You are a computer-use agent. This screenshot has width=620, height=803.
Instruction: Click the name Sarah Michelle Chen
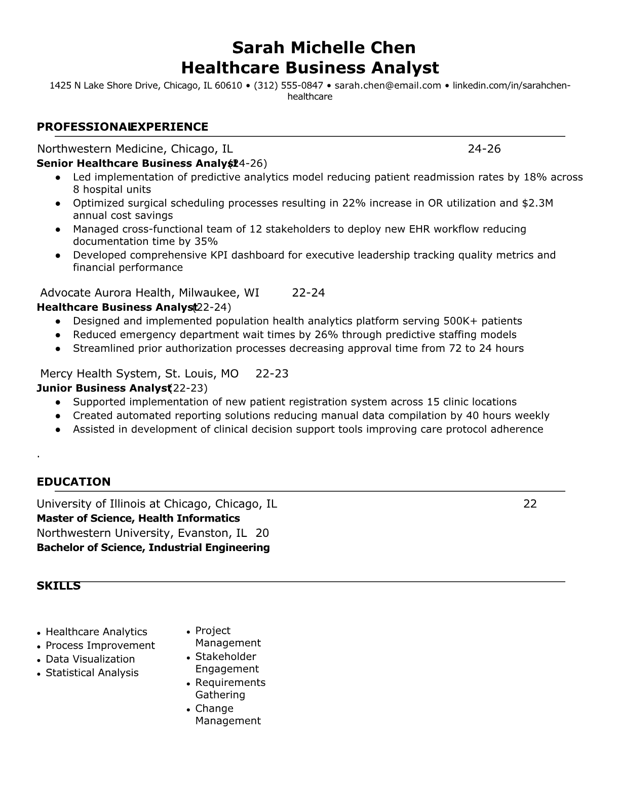click(x=324, y=48)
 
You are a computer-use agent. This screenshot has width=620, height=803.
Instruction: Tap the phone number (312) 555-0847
click(x=288, y=85)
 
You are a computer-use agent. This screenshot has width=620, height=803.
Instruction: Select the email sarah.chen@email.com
click(x=387, y=85)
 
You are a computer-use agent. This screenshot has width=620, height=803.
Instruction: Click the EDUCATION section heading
click(x=73, y=482)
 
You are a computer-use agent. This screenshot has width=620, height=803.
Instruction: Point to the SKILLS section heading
click(x=59, y=586)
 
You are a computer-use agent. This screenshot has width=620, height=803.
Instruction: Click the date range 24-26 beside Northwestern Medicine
click(x=484, y=149)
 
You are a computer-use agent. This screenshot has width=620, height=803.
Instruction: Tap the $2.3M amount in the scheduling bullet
click(x=537, y=203)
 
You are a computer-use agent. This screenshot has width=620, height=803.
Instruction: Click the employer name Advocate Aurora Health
click(x=106, y=293)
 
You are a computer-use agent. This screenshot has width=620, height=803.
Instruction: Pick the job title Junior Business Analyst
click(x=103, y=388)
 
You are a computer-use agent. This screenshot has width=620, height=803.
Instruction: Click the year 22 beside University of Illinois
click(x=530, y=504)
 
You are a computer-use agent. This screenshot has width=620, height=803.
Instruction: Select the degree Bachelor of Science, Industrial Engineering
click(x=153, y=547)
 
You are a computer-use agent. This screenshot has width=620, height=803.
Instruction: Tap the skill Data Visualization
click(x=90, y=659)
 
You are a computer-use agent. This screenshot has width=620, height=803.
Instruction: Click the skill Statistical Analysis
click(x=92, y=673)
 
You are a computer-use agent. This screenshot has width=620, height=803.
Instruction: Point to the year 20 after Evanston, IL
click(x=262, y=533)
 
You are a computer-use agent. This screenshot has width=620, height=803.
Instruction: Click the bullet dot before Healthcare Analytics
click(x=39, y=633)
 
